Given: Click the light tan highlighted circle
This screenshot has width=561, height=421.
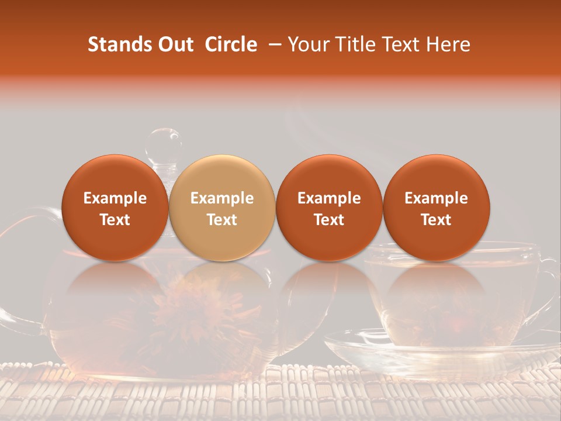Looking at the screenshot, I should tap(222, 208).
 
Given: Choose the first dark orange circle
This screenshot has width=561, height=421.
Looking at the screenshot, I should tap(115, 208).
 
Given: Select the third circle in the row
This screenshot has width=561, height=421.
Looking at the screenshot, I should tap(329, 208).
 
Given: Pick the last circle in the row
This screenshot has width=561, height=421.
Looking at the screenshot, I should tap(436, 208).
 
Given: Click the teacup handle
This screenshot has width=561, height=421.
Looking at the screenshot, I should tap(549, 287).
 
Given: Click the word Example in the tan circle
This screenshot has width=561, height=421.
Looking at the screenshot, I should tap(222, 198).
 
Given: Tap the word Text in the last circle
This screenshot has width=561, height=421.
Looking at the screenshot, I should tap(436, 220).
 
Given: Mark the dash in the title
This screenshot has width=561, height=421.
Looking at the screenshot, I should tap(273, 44).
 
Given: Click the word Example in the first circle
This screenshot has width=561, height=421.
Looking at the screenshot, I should tap(115, 198).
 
